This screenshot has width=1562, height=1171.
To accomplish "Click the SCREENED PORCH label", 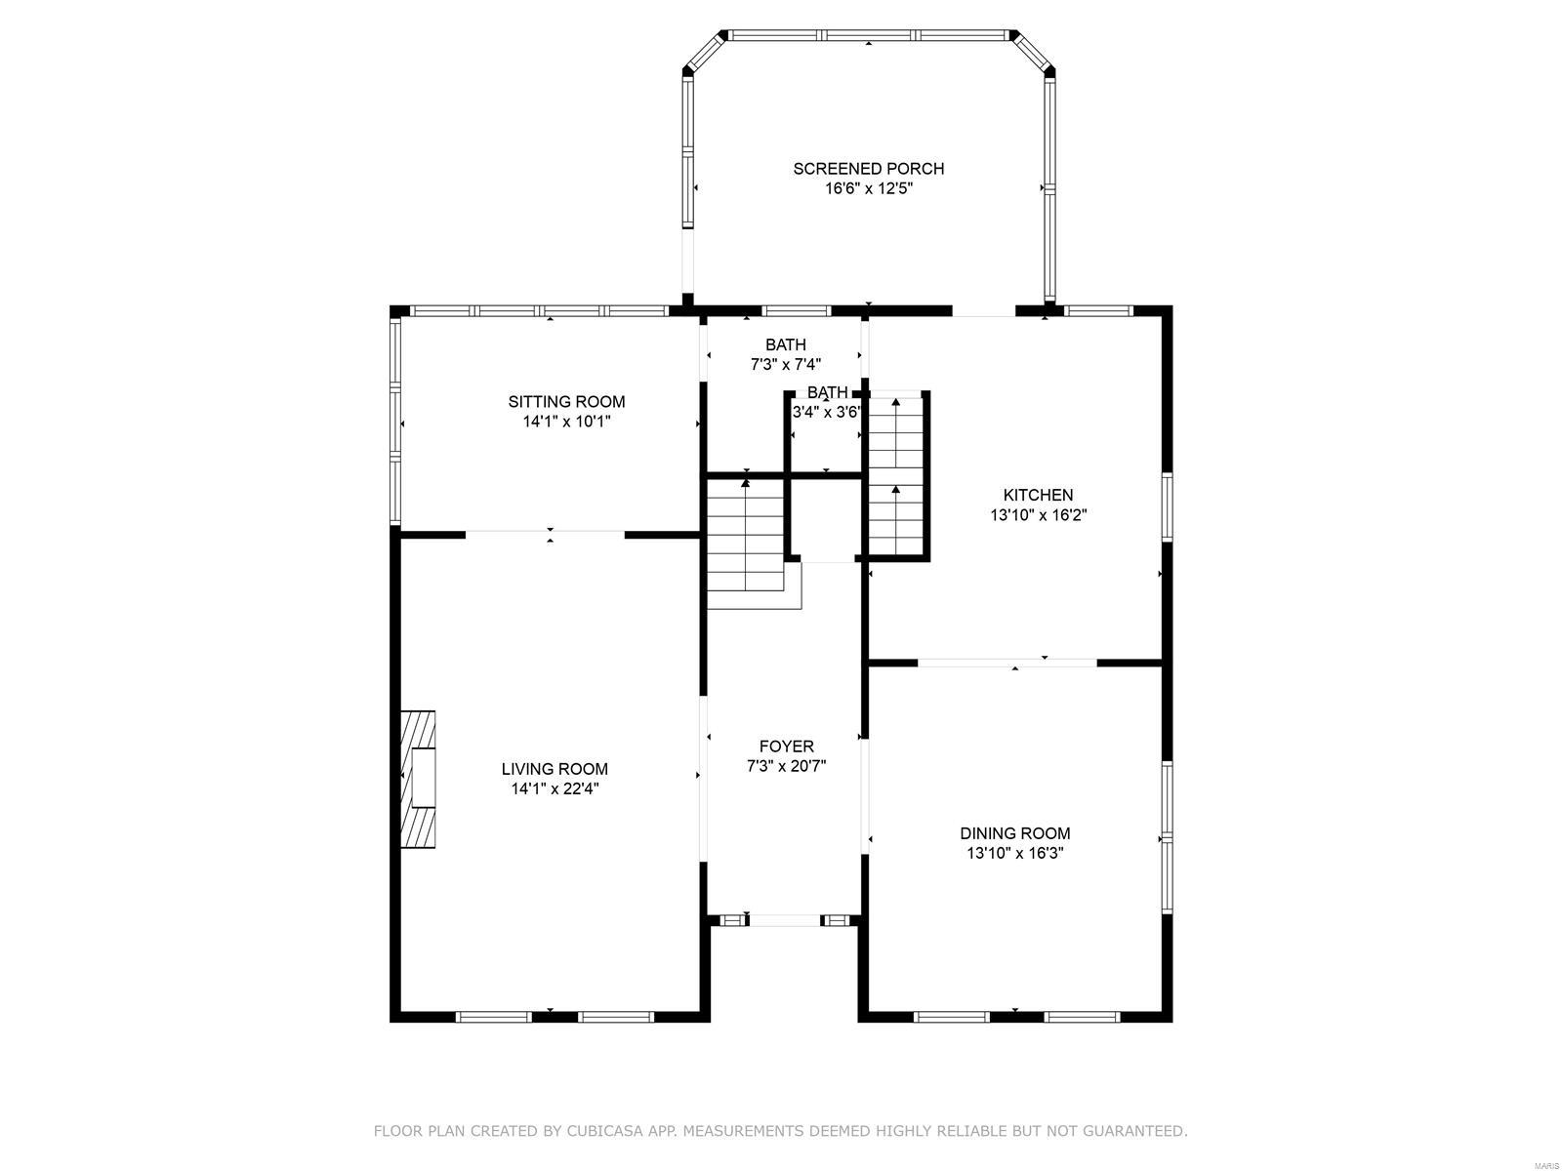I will coord(868,169).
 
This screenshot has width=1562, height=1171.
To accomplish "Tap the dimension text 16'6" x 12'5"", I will coord(868,188).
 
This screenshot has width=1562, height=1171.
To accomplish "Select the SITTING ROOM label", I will coord(566,401).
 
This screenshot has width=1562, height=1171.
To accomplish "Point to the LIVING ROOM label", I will coord(555,769).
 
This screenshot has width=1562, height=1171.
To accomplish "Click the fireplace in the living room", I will coord(418,779).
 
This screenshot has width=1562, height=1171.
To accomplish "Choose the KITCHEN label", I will coord(1039,495).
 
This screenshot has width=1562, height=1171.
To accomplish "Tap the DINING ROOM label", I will coord(1015,833).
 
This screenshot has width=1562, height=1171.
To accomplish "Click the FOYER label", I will coord(786,747).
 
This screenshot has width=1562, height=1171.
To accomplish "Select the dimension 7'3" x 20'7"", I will coord(786,766).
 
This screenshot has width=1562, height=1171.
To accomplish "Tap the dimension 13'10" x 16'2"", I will coord(1039,515).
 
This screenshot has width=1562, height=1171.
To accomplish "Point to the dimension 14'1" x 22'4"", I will coord(555,788).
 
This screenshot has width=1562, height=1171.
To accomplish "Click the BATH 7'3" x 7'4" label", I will coord(785,344).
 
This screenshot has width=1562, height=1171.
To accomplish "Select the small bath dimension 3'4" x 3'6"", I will coord(826,412).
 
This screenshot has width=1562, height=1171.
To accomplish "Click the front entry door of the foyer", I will coord(785,919).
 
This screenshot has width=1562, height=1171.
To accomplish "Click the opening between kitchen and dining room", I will coord(1007,663).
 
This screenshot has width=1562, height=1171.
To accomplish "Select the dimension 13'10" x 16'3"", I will coord(1015,853).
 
